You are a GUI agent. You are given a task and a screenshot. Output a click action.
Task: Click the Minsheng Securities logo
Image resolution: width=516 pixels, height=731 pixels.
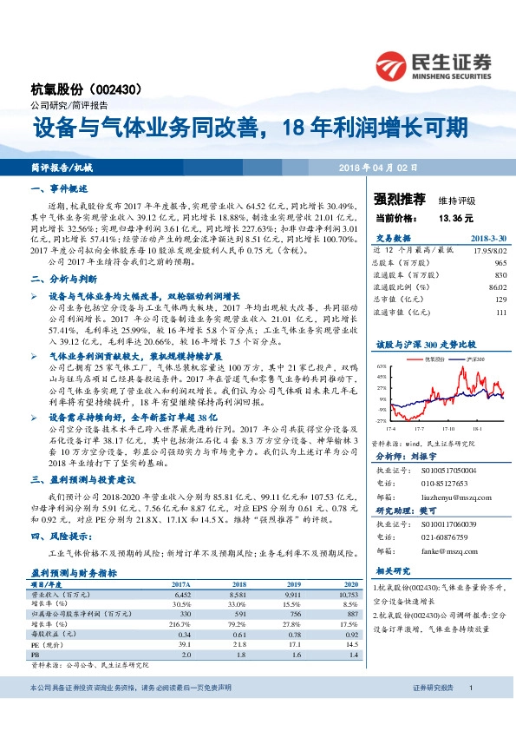tap(433, 64)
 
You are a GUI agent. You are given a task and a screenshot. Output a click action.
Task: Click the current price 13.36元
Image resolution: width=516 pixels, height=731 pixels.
tap(455, 218)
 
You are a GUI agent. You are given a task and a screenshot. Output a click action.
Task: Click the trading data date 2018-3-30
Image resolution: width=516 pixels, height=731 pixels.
tap(487, 237)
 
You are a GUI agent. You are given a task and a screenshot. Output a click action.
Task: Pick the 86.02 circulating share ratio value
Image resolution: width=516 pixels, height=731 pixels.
tap(496, 286)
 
